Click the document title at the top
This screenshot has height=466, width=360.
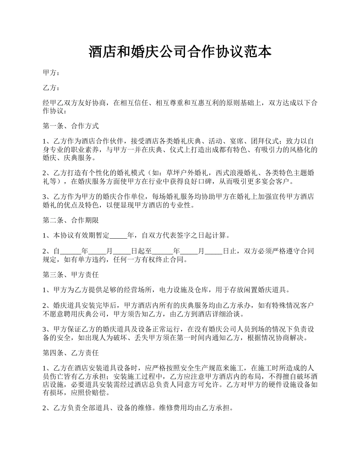click(x=180, y=52)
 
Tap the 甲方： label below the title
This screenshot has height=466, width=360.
click(x=51, y=73)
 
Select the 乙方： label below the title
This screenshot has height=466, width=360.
click(x=51, y=88)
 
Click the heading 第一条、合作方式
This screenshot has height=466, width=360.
click(x=71, y=126)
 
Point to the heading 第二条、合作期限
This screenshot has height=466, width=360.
click(x=71, y=220)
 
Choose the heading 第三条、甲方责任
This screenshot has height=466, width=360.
click(x=71, y=275)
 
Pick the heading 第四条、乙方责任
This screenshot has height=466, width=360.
click(x=71, y=353)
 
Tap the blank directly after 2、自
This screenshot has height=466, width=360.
click(x=71, y=251)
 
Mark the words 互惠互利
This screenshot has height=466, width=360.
click(x=200, y=103)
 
